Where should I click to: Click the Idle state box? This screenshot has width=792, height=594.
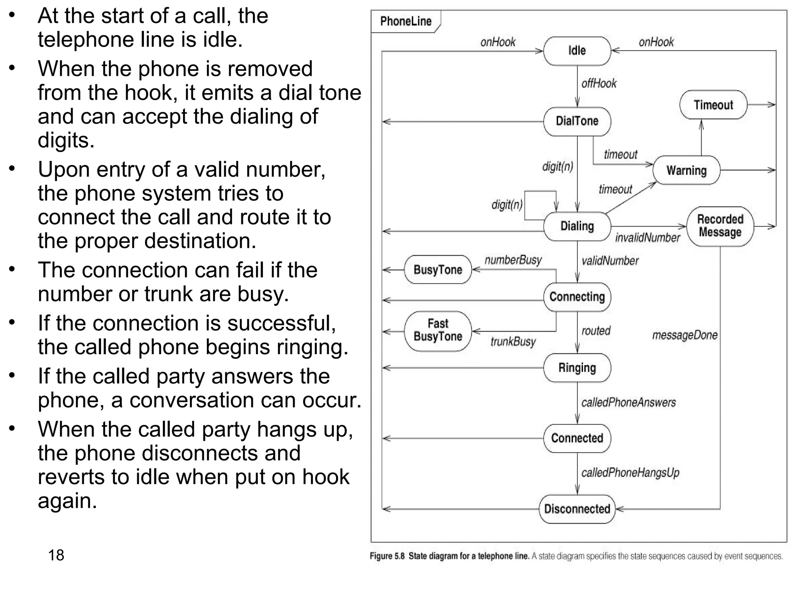click(577, 51)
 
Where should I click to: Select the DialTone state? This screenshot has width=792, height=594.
click(577, 121)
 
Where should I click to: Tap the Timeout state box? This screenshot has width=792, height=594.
click(713, 105)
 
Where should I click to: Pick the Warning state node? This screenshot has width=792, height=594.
click(686, 170)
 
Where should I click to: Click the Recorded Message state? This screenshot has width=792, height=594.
click(720, 226)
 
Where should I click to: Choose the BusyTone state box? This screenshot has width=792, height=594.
click(438, 270)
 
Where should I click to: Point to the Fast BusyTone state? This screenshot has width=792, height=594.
click(438, 330)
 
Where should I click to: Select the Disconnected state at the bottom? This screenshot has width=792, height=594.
click(577, 509)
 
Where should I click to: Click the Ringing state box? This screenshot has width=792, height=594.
click(577, 367)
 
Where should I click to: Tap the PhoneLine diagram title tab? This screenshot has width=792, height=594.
click(406, 21)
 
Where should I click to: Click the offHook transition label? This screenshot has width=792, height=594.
click(599, 84)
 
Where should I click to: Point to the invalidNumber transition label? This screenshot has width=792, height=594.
click(647, 238)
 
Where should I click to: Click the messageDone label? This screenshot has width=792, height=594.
click(684, 335)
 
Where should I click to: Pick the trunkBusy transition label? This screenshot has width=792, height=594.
click(513, 342)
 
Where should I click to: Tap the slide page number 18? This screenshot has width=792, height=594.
click(56, 555)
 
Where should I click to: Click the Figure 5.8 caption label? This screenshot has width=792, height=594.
click(387, 556)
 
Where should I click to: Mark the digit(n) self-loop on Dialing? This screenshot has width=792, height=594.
click(507, 205)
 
